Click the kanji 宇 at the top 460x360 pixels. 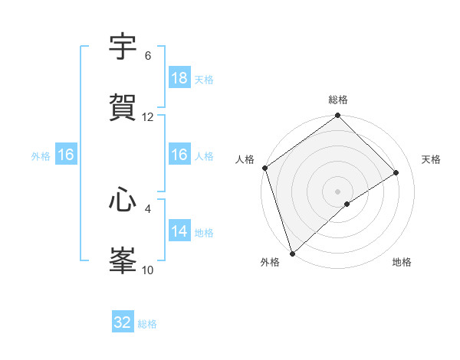(123, 47)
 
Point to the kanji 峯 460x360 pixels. (123, 260)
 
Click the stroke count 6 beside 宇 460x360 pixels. (147, 56)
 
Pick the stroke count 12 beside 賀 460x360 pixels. (148, 117)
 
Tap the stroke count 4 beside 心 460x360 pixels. (148, 208)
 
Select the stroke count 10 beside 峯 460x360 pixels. (148, 270)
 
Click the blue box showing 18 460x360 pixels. (179, 78)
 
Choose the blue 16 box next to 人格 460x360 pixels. (179, 155)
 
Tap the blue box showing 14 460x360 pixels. (179, 231)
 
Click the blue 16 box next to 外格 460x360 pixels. (65, 155)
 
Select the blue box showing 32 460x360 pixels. (122, 322)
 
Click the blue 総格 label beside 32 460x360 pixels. (147, 324)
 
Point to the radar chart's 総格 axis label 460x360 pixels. (338, 100)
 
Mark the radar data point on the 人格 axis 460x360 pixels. (264, 168)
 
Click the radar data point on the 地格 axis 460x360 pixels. (347, 204)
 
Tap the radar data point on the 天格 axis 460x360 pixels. (396, 172)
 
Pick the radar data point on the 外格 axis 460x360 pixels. (292, 253)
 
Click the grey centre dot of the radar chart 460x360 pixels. (338, 191)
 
